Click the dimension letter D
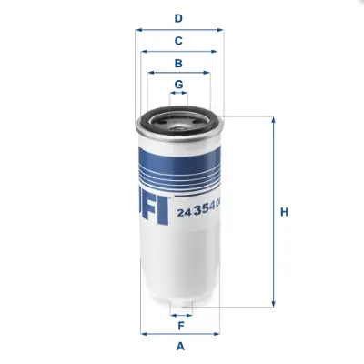(x=179, y=17)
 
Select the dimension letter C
(x=179, y=40)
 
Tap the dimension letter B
(x=179, y=64)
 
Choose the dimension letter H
(x=284, y=213)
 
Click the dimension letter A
(x=180, y=346)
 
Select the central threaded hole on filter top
(x=179, y=116)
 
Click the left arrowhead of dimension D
(x=137, y=29)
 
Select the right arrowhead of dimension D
(x=221, y=29)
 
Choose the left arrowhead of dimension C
(x=144, y=52)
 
